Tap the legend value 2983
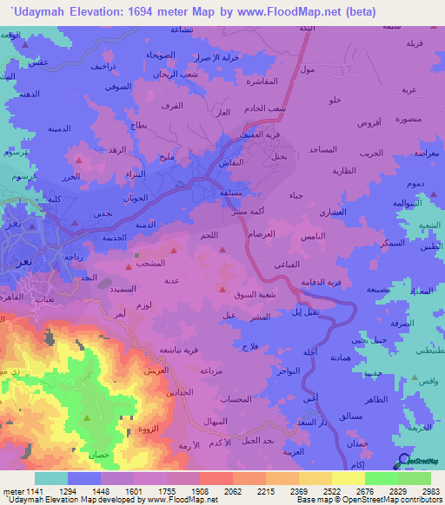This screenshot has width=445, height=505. coord(431,491)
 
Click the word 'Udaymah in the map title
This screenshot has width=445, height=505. coord(35,10)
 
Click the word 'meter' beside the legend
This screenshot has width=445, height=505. coord(13,491)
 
